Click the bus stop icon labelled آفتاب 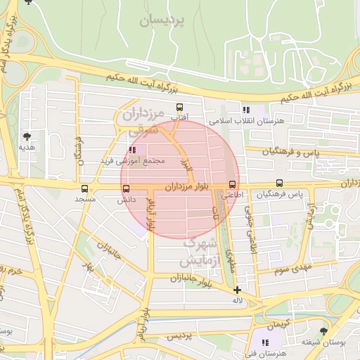pos(179,108)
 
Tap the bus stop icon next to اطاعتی pos(233,184)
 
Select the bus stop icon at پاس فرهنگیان pos(281,184)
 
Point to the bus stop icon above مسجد pos(85,188)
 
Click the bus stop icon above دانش pos(127,188)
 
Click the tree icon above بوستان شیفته pos(323,330)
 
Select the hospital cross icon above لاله pos(238,290)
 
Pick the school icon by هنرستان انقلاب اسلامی pos(245,110)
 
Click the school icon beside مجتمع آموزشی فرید pos(133,150)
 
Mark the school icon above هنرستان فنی pos(265,342)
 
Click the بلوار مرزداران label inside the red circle pos(188,187)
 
